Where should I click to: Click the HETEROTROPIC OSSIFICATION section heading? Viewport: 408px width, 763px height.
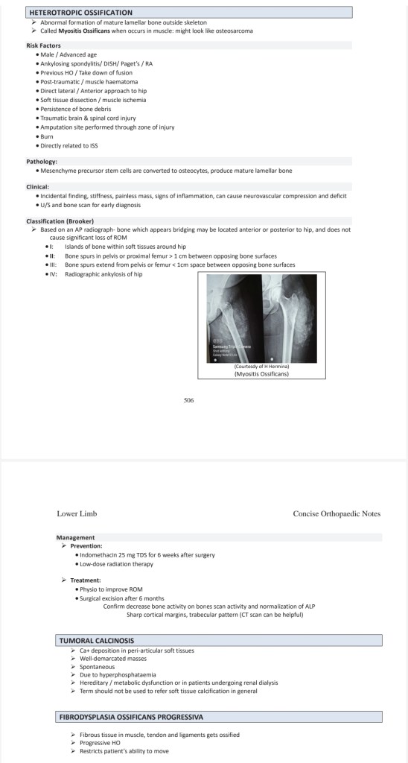coord(80,13)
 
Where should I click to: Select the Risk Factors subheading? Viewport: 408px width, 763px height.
coord(43,45)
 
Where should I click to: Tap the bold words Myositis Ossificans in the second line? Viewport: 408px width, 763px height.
coord(84,31)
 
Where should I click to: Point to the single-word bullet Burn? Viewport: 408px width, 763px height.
coord(47,137)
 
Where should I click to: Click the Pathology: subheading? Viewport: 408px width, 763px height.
coord(42,162)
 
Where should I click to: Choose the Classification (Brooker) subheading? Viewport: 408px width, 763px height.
coord(60,221)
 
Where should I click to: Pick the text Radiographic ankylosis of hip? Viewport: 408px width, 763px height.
coord(103,274)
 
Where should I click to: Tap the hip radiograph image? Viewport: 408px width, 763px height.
coord(261,318)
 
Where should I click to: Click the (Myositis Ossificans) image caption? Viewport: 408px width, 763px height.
coord(261,374)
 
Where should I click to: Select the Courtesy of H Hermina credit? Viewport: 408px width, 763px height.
coord(261,367)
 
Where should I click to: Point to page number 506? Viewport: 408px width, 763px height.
coord(189,400)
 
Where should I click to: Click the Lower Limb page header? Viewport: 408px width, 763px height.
coord(74,514)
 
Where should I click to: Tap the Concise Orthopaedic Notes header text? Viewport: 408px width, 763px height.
coord(337,514)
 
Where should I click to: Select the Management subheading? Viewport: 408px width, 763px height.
coord(75,538)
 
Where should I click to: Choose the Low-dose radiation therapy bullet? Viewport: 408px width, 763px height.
coord(116,564)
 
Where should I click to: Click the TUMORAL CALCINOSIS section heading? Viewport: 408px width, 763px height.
coord(97,640)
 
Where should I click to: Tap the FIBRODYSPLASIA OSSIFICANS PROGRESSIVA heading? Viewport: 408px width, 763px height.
coord(131,717)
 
